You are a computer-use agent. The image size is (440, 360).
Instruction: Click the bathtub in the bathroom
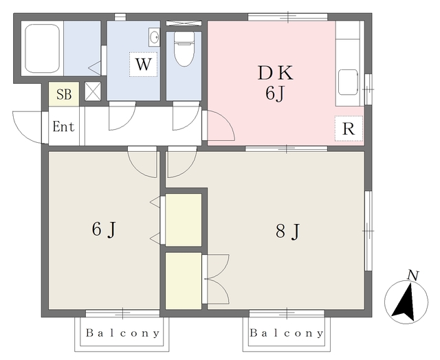click(43, 48)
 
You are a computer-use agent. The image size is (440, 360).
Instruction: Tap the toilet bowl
click(184, 49)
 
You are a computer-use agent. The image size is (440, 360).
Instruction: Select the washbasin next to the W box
click(154, 37)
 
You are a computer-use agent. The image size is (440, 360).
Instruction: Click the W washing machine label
click(144, 64)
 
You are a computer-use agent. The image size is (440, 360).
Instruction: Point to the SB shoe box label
click(64, 94)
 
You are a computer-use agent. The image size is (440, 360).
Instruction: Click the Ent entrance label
click(64, 126)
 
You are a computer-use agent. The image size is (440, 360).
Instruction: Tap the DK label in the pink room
click(275, 73)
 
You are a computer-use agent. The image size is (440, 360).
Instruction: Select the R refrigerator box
click(349, 128)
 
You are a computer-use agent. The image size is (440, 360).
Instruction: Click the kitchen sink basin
click(348, 82)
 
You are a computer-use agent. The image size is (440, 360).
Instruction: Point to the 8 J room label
click(288, 232)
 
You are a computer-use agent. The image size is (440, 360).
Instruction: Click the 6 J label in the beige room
click(104, 229)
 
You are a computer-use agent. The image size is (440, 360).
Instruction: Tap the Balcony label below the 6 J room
click(122, 333)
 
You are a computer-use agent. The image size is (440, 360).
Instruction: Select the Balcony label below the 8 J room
click(287, 333)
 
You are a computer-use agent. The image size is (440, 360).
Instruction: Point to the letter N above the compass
click(413, 275)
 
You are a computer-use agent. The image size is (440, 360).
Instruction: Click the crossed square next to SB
click(93, 91)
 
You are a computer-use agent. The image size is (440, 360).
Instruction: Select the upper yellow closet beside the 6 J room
click(184, 220)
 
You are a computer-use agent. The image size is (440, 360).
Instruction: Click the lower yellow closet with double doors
click(184, 281)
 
